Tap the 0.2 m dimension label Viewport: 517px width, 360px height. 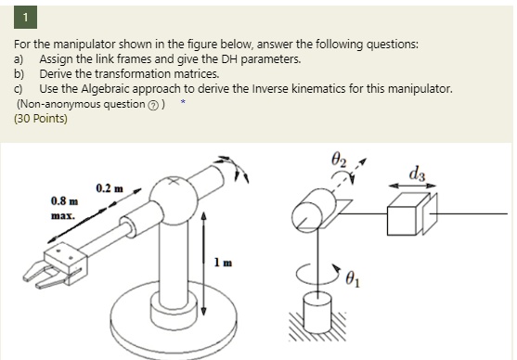pyautogui.click(x=110, y=188)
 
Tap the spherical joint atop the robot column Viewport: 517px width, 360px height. pyautogui.click(x=173, y=199)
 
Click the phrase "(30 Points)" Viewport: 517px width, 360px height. pyautogui.click(x=41, y=118)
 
